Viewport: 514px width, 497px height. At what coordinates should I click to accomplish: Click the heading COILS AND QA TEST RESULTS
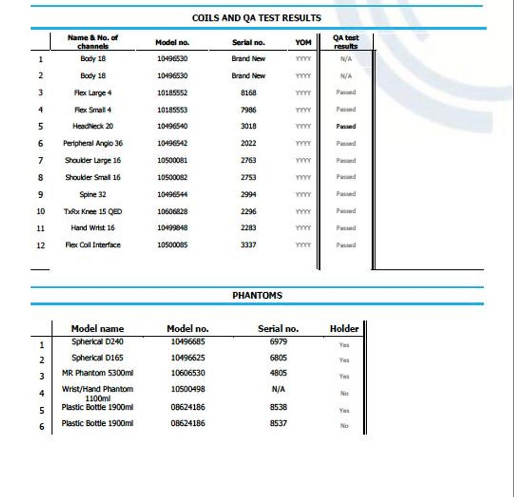(256, 18)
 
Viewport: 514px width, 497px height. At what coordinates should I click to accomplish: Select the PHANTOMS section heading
(257, 295)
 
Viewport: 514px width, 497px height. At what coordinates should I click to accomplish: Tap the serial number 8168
(248, 93)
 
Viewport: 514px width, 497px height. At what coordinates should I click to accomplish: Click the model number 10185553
(172, 110)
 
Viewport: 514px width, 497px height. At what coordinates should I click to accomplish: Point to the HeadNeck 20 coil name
(93, 126)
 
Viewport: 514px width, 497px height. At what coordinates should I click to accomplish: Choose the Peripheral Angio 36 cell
(93, 144)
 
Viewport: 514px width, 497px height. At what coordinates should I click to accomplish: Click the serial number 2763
(248, 161)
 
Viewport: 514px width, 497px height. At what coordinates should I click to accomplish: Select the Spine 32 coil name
(93, 194)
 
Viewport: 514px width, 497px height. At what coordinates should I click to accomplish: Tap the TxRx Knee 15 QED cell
(93, 212)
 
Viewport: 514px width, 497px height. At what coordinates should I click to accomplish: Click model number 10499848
(172, 228)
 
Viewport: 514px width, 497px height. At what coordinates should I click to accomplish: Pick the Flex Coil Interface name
(93, 245)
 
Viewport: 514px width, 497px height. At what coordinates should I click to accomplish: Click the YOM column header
(303, 43)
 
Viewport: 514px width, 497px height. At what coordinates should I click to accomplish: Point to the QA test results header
(346, 42)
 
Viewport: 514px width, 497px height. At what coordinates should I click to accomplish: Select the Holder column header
(344, 329)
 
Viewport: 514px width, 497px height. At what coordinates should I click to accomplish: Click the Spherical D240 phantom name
(97, 342)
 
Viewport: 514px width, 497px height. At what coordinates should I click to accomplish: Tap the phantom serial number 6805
(278, 358)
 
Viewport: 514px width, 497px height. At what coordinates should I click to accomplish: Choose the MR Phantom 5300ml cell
(97, 373)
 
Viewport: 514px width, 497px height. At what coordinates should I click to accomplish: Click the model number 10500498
(188, 389)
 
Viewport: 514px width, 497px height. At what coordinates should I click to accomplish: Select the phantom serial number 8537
(278, 424)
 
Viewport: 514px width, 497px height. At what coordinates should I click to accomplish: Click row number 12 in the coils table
(40, 245)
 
